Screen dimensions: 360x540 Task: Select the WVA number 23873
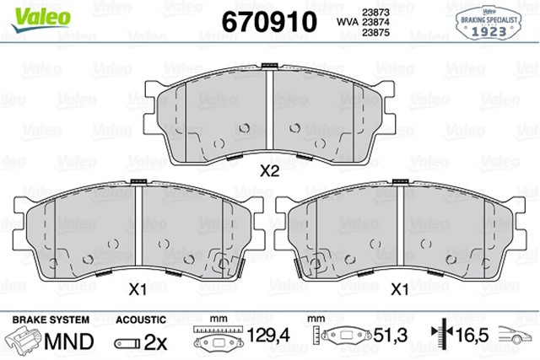coord(374,11)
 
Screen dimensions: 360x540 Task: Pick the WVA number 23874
coord(374,22)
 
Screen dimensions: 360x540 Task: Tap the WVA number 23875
coord(374,33)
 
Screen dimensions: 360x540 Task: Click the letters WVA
coord(346,22)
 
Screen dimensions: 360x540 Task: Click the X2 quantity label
coord(269,171)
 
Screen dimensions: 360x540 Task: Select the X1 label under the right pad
coord(402,289)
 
